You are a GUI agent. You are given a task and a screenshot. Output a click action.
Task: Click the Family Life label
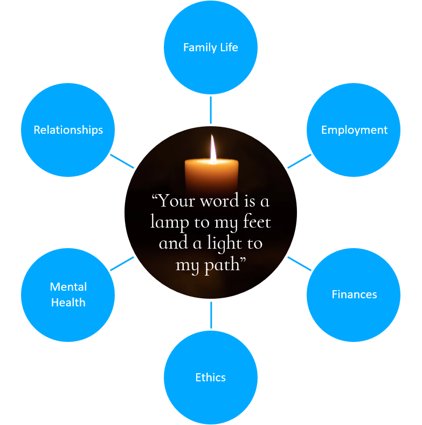pyautogui.click(x=210, y=47)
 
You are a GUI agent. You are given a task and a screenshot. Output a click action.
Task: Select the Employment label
pyautogui.click(x=354, y=130)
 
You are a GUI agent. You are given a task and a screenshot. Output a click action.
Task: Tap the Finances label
pyautogui.click(x=354, y=294)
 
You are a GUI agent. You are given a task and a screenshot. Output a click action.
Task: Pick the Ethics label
pyautogui.click(x=210, y=378)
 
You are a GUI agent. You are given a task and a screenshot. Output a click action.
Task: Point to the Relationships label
pyautogui.click(x=68, y=130)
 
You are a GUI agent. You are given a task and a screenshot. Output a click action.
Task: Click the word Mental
pyautogui.click(x=68, y=287)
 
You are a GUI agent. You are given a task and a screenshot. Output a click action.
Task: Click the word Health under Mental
pyautogui.click(x=68, y=303)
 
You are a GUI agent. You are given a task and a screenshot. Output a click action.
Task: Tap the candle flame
pyautogui.click(x=213, y=148)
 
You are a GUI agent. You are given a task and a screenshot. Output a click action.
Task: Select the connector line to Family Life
pyautogui.click(x=211, y=109)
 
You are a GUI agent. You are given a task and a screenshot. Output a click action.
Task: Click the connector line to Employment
pyautogui.click(x=300, y=161)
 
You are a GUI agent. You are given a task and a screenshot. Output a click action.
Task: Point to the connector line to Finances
pyautogui.click(x=300, y=263)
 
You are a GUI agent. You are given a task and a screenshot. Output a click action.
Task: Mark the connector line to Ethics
pyautogui.click(x=211, y=315)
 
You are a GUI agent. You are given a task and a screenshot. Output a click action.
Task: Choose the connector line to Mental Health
pyautogui.click(x=122, y=263)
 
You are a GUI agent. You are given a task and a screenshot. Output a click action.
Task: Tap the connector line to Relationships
pyautogui.click(x=122, y=161)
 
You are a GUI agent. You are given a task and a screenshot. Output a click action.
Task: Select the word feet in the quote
pyautogui.click(x=255, y=222)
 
